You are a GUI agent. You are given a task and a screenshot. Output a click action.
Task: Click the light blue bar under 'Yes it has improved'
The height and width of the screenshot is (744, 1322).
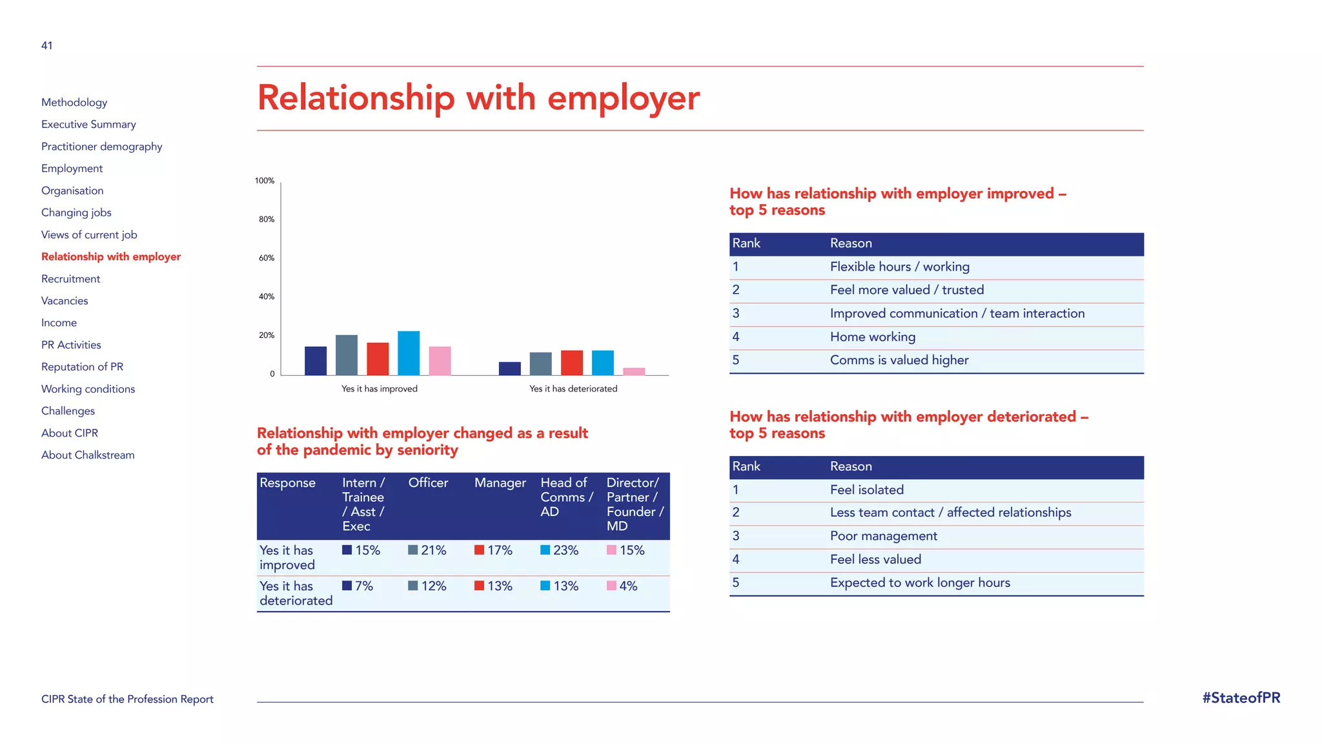click(409, 353)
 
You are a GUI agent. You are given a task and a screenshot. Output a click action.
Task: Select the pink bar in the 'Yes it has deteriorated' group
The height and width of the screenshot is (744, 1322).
click(634, 371)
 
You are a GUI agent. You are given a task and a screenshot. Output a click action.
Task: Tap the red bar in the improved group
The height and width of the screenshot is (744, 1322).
click(378, 359)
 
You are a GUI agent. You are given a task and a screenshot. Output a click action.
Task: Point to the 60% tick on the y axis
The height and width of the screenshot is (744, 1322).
click(267, 258)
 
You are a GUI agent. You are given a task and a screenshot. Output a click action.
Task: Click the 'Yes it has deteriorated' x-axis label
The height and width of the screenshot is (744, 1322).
click(573, 389)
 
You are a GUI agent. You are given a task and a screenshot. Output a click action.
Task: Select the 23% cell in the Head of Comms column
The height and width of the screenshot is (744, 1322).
click(560, 550)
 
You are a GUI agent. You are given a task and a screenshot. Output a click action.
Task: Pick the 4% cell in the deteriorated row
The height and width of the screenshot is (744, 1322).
click(622, 586)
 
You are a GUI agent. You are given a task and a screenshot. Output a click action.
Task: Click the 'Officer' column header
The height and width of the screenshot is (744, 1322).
click(428, 483)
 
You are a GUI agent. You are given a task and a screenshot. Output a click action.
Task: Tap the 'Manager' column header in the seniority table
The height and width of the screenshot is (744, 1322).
click(500, 483)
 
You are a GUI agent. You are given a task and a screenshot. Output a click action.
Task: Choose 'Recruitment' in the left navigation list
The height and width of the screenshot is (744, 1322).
click(71, 279)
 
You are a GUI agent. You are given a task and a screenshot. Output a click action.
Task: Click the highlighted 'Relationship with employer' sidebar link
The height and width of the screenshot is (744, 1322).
click(111, 257)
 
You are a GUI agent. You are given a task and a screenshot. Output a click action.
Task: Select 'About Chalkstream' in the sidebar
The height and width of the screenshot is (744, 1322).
click(88, 455)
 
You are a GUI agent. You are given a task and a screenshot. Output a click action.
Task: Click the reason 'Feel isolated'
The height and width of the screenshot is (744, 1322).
click(867, 490)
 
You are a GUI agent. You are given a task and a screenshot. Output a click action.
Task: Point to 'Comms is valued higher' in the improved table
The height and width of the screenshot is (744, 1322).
click(899, 360)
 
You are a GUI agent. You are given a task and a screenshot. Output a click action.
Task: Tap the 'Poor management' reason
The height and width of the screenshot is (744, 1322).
click(884, 536)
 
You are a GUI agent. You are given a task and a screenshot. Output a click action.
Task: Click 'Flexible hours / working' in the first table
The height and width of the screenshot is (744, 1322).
click(900, 267)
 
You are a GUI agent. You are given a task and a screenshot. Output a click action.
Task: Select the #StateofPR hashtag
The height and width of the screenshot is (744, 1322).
click(1241, 698)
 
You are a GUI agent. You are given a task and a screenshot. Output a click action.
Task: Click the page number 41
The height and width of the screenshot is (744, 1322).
click(47, 46)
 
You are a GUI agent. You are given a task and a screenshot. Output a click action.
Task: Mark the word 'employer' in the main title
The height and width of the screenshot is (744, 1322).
click(623, 99)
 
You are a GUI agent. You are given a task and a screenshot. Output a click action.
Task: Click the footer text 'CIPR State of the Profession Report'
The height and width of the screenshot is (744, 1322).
click(127, 699)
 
